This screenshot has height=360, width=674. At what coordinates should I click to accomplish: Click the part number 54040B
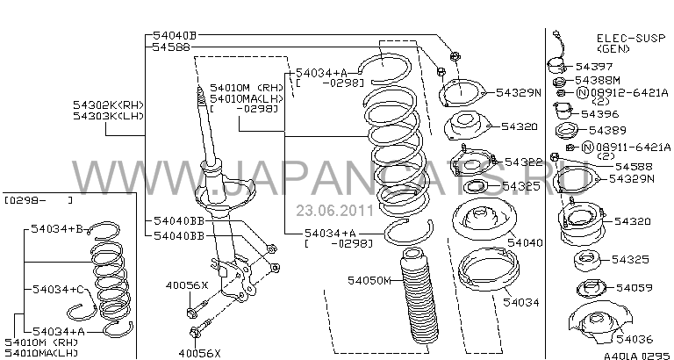[175, 35]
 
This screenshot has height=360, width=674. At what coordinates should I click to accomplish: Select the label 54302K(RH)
[109, 104]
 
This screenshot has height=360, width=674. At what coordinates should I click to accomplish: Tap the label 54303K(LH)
[109, 115]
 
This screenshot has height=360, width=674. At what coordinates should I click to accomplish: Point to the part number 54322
[525, 162]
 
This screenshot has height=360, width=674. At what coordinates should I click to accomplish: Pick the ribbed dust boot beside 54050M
[413, 295]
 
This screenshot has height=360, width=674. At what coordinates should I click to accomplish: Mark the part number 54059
[634, 287]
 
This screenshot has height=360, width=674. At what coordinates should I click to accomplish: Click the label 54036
[635, 337]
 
